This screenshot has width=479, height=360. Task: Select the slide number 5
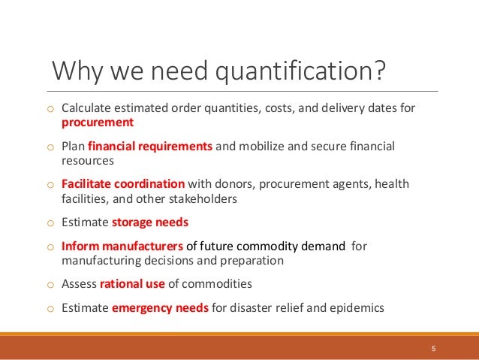[x=433, y=349]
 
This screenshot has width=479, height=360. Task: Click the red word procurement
[x=98, y=122]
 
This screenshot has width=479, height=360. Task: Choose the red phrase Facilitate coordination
[x=123, y=184]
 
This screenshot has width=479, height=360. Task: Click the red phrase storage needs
[x=150, y=222]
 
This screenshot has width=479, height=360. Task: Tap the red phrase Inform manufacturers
[x=122, y=246]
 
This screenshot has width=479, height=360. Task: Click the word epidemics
[x=357, y=307]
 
